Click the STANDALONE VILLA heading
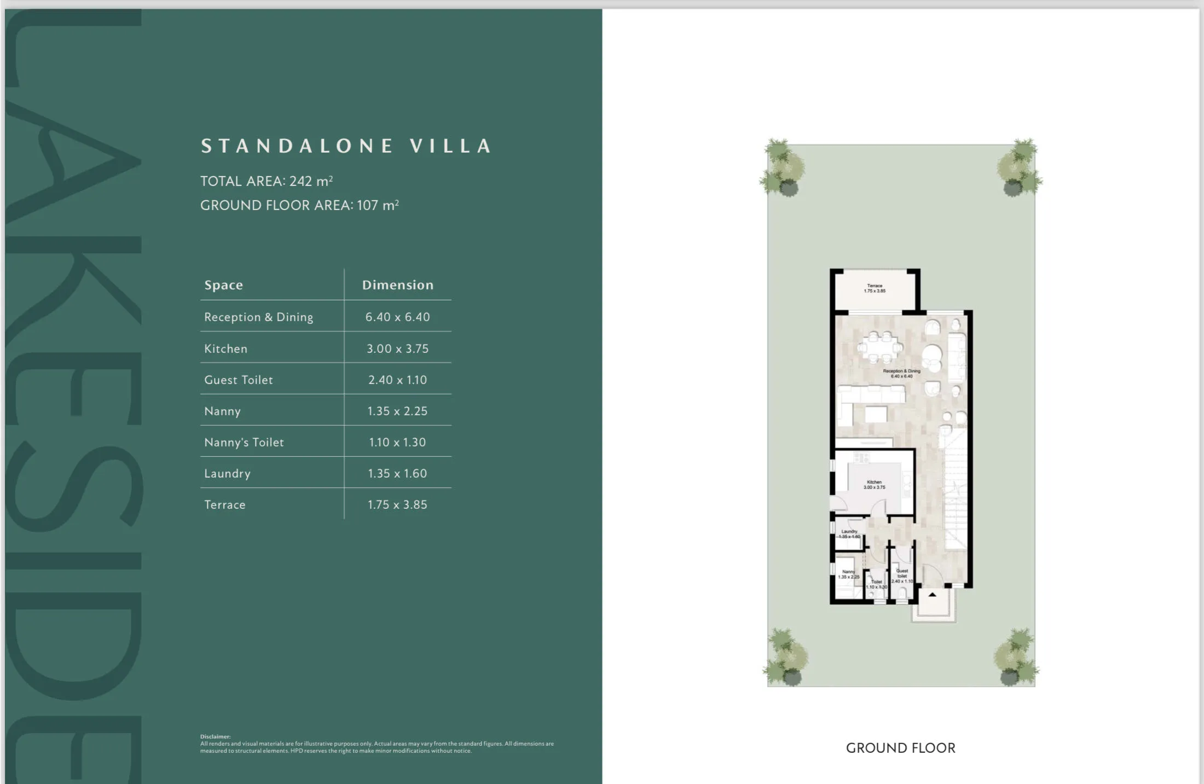tap(346, 146)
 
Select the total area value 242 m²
tap(311, 181)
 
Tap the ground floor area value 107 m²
tap(378, 205)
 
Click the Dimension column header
tap(397, 285)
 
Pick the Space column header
tap(223, 285)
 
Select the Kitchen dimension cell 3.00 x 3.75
tap(397, 349)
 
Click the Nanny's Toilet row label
tap(244, 442)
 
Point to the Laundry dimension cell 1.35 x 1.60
tap(397, 473)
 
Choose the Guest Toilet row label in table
tap(239, 380)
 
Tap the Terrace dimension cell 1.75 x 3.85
tap(397, 504)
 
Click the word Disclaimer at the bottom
tap(215, 736)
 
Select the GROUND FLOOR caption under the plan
tap(900, 748)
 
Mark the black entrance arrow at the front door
tap(933, 594)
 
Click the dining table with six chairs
tap(879, 347)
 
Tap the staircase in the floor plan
tap(956, 487)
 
